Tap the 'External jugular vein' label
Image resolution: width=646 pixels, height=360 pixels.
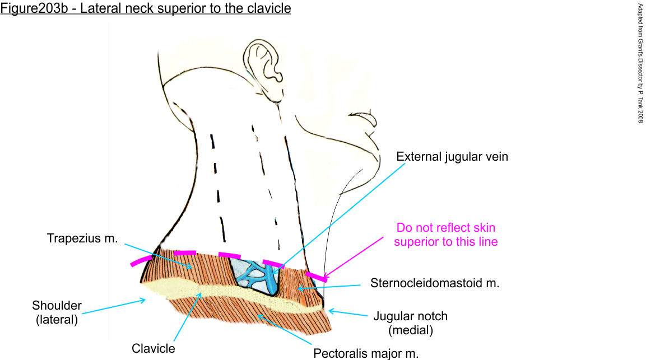pos(452,156)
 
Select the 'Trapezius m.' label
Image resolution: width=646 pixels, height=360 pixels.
pos(82,239)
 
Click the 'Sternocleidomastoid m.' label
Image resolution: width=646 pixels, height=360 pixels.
pos(434,283)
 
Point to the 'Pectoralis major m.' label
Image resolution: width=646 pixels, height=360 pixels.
pos(366,353)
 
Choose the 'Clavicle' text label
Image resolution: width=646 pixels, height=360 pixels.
pos(154,348)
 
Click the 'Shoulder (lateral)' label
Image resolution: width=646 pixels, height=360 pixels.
pos(57,312)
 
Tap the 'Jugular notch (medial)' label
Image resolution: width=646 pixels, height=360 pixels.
pos(410,323)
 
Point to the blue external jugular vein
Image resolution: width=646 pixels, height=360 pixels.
pos(270,277)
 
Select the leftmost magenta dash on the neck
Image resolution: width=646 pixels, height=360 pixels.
pos(141,260)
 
